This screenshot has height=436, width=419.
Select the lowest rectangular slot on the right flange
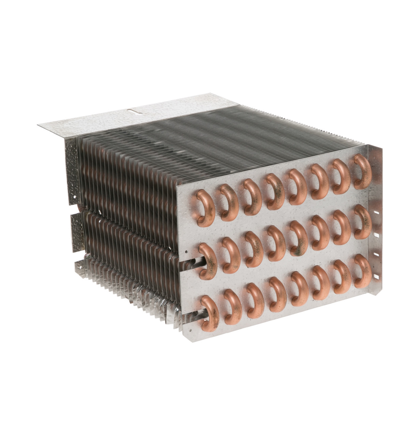click(x=376, y=276)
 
